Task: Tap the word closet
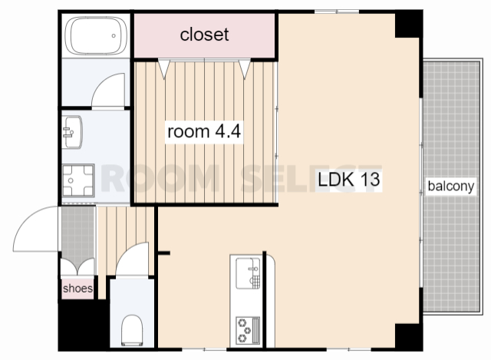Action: pos(204,34)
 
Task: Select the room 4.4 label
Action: pos(204,131)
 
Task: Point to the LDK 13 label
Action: pos(349,179)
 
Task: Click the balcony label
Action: pos(451,186)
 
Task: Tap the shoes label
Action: pos(77,289)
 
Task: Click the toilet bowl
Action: pos(132,330)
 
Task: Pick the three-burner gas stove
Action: pos(248,330)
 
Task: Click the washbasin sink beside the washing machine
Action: pos(72,132)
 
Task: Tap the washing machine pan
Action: pos(78,180)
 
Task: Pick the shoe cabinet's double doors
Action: pos(77,266)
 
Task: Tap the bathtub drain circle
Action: pos(114,36)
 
